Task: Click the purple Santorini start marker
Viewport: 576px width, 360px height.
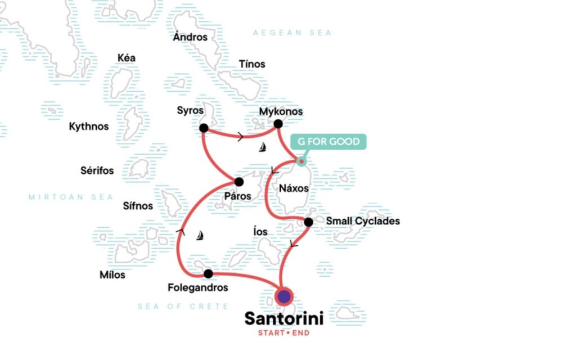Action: pyautogui.click(x=284, y=296)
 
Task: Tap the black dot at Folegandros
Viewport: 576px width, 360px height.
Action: pyautogui.click(x=208, y=274)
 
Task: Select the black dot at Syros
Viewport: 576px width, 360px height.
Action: pyautogui.click(x=204, y=128)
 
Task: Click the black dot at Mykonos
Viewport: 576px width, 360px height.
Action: pyautogui.click(x=278, y=124)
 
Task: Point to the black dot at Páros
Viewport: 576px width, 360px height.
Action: pyautogui.click(x=239, y=182)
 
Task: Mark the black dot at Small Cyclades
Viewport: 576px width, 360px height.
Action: pyautogui.click(x=308, y=222)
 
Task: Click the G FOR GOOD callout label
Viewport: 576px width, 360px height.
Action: pyautogui.click(x=328, y=142)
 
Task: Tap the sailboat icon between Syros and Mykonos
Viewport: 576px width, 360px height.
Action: pyautogui.click(x=262, y=148)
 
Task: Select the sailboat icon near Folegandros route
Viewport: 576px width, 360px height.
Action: pyautogui.click(x=200, y=236)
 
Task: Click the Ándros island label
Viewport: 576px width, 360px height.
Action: pyautogui.click(x=190, y=38)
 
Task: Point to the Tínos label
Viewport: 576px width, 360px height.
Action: pyautogui.click(x=252, y=64)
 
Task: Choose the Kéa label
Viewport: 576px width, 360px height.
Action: pyautogui.click(x=126, y=58)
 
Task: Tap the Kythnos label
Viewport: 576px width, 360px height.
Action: pyautogui.click(x=88, y=127)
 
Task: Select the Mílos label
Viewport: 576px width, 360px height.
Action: pyautogui.click(x=112, y=275)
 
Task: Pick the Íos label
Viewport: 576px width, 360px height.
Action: pyautogui.click(x=260, y=232)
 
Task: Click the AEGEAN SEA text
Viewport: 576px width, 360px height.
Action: pyautogui.click(x=292, y=33)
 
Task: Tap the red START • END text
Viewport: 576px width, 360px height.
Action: pyautogui.click(x=283, y=333)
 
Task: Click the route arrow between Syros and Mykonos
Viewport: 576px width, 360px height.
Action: pyautogui.click(x=241, y=137)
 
